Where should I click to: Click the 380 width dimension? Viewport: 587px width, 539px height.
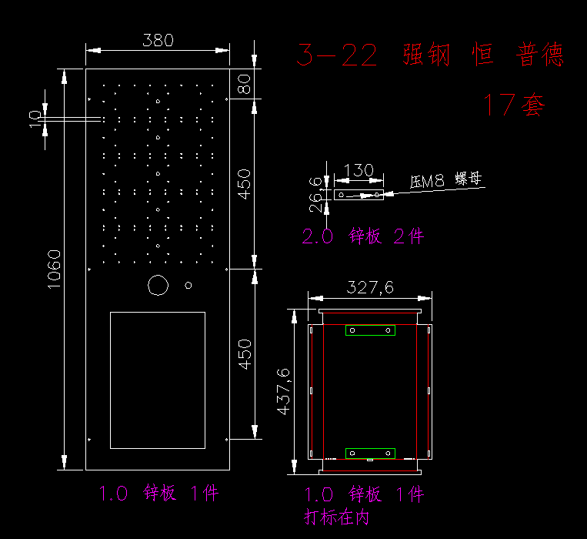coord(158,40)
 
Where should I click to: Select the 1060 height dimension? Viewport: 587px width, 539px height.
coord(54,268)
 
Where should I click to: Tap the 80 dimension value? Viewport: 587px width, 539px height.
coord(244,83)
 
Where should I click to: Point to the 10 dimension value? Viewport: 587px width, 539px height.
coord(35,118)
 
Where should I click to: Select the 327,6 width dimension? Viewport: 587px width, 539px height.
coord(370,287)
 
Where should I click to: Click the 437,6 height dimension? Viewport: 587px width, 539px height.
coord(283,391)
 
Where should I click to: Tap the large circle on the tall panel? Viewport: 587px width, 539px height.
coord(158,285)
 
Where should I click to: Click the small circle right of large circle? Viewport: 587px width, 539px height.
coord(188,285)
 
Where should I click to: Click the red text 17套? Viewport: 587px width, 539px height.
coord(513,104)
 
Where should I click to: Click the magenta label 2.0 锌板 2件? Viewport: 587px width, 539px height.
coord(362,236)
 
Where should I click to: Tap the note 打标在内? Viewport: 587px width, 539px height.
coord(337,517)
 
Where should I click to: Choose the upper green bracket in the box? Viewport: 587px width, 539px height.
coord(370,330)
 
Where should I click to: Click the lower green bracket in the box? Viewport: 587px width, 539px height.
coord(370,453)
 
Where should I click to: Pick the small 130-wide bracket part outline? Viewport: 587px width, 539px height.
coord(359,195)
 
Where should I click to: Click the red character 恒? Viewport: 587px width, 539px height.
coord(483,55)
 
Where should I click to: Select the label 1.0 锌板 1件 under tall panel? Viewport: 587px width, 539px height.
coord(158,494)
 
